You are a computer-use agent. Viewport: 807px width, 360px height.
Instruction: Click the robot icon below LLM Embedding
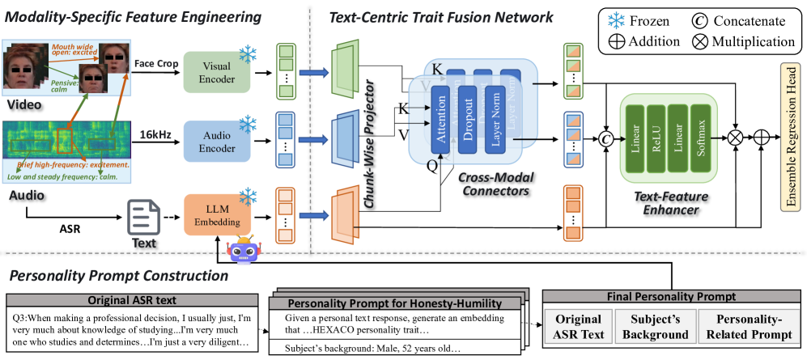[x=242, y=250]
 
